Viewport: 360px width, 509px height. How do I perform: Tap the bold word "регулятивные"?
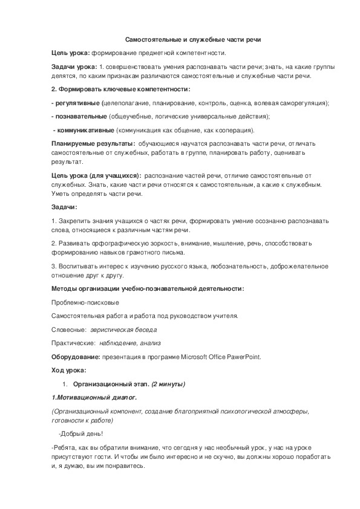77,103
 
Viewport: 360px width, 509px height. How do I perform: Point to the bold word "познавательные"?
80,116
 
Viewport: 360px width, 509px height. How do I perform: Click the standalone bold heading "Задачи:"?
64,207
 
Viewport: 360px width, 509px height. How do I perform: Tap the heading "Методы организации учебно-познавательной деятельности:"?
148,288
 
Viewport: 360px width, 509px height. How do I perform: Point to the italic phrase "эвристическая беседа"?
123,330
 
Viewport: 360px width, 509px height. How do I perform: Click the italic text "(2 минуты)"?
168,384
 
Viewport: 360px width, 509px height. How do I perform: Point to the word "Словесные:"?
68,330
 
